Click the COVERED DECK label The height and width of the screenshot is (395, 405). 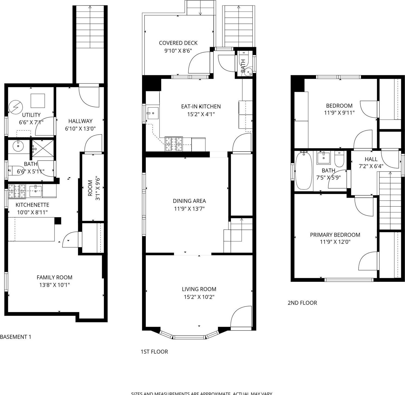point(178,43)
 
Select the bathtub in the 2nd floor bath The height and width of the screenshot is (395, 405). point(303,171)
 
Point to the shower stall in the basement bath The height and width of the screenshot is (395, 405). point(43,148)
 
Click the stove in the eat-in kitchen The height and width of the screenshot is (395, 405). point(173,144)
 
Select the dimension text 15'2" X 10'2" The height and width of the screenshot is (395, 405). point(199,297)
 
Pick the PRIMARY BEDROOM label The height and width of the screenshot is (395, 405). point(335,235)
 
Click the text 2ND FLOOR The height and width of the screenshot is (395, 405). point(302,303)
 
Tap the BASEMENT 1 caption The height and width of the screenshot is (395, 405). point(16,337)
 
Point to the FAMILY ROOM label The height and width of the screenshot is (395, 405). point(55,278)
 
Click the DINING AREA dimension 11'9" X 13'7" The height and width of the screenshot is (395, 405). point(189,209)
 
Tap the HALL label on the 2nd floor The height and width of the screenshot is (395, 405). point(371,159)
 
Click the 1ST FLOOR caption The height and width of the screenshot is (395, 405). point(154,352)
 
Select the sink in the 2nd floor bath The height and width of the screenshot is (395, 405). point(324,158)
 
